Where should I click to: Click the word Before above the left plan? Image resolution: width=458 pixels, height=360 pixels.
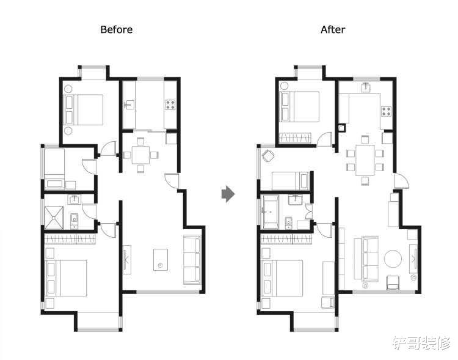[116, 29]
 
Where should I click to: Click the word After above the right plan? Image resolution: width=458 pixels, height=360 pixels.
[333, 29]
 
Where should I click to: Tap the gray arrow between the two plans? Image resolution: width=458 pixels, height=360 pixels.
[228, 194]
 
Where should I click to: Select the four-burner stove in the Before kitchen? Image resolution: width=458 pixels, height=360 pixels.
[170, 105]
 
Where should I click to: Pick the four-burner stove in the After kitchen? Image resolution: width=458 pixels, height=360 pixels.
[386, 111]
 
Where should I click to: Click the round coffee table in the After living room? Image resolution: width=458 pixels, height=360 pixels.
[393, 259]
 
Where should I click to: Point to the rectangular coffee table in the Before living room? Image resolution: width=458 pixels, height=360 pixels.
[161, 260]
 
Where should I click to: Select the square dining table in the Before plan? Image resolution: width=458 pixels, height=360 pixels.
[141, 155]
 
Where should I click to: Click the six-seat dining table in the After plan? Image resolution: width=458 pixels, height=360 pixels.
[365, 160]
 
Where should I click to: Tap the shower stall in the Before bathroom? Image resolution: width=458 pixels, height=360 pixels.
[54, 218]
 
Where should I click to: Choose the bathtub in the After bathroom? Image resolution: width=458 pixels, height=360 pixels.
[271, 212]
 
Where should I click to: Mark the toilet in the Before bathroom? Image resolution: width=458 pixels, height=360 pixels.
[75, 221]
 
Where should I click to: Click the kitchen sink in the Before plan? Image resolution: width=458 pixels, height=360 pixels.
[129, 105]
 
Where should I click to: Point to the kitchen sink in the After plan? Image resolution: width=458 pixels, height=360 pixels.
[366, 87]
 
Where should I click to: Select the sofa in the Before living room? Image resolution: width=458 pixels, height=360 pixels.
[192, 260]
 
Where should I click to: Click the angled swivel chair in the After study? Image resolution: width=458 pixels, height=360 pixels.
[269, 156]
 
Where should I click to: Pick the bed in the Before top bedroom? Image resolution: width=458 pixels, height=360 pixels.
[84, 109]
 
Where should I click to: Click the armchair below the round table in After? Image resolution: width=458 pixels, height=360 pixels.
[393, 282]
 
